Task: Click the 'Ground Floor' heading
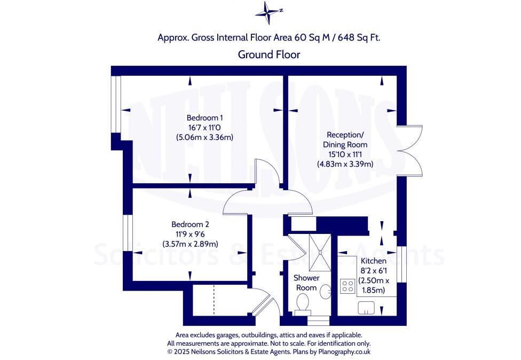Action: pos(269,54)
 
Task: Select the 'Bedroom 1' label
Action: pos(205,118)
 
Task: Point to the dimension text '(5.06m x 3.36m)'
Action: pos(205,137)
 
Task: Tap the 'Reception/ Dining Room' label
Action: pos(345,139)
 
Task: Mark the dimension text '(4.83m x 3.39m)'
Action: pos(345,164)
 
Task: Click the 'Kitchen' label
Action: pos(374,261)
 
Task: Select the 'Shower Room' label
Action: pos(306,283)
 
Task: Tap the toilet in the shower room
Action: pos(303,304)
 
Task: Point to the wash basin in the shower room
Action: pos(325,292)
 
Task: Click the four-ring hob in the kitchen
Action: pos(349,286)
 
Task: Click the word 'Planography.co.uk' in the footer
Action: pos(343,352)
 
